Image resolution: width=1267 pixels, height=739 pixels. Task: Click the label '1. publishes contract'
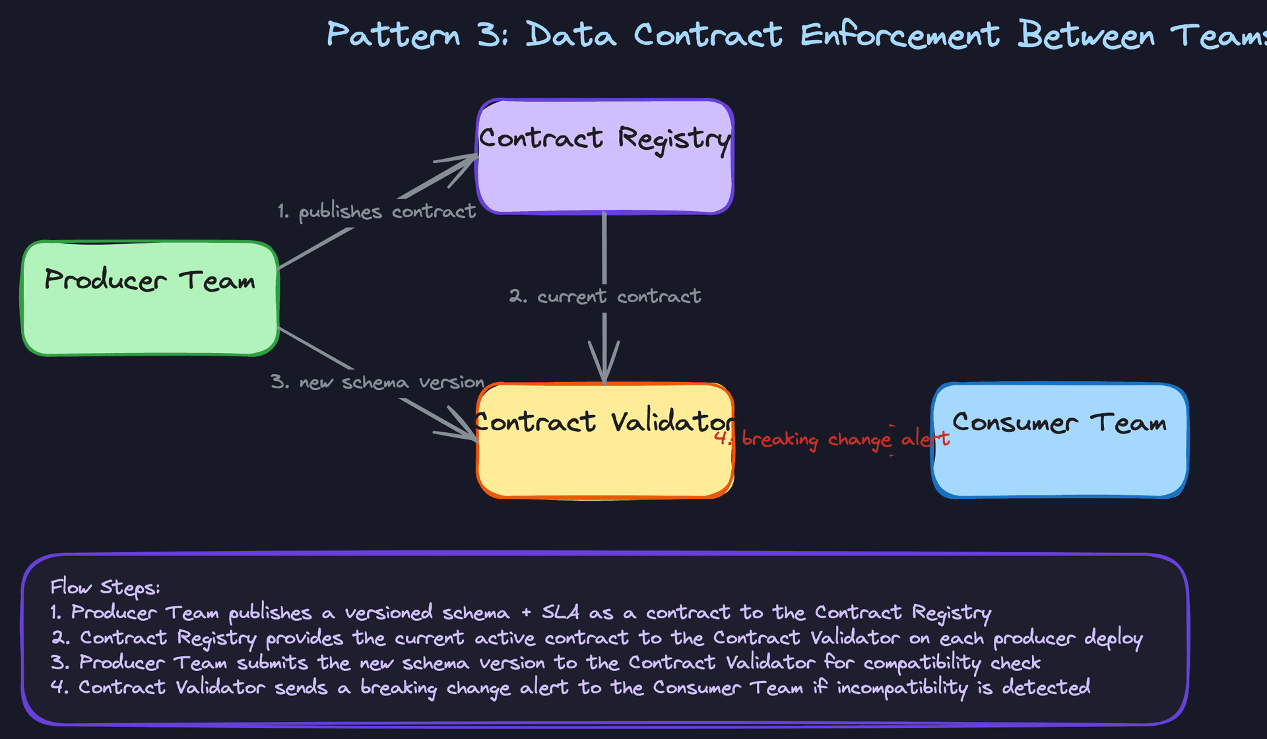[x=377, y=212]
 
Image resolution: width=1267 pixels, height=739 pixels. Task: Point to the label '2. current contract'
[x=604, y=296]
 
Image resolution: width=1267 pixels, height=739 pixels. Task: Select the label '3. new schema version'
[x=377, y=383]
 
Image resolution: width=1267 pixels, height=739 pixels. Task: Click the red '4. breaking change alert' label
[x=831, y=439]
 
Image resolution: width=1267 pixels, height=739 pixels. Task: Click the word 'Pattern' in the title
[x=393, y=34]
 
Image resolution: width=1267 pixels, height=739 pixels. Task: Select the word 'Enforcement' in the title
[x=899, y=34]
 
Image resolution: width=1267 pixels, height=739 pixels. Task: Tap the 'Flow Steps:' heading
[x=105, y=587]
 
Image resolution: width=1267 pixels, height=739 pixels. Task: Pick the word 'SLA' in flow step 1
[x=560, y=612]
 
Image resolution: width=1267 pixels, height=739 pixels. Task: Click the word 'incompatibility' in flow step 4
[x=902, y=688]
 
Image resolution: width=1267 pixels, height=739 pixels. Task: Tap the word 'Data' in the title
[x=571, y=34]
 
